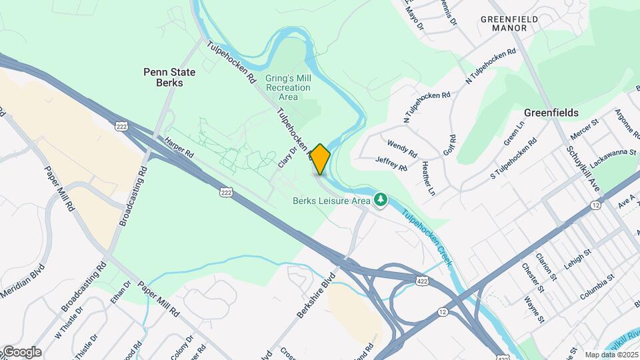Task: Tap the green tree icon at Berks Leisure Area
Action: [x=381, y=199]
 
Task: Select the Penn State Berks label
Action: [x=163, y=77]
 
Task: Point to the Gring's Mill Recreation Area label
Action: [x=288, y=87]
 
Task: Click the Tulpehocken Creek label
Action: [x=427, y=237]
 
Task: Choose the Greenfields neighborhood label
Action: [x=551, y=113]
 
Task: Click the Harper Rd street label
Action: [x=179, y=148]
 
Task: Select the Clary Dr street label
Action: [x=288, y=158]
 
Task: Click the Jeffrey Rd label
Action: [x=391, y=163]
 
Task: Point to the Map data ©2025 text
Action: [x=610, y=355]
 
